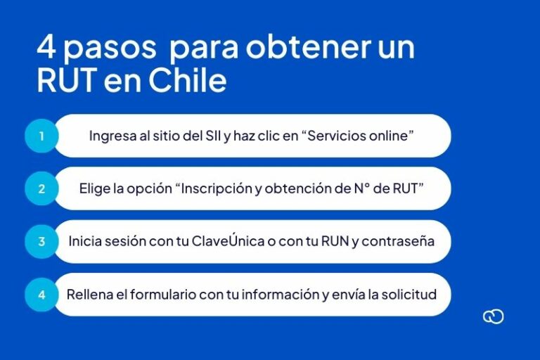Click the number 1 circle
coord(41,136)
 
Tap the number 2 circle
coord(41,188)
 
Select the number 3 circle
coord(41,241)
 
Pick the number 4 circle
coord(41,295)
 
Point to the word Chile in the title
coord(187,81)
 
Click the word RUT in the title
coord(67,81)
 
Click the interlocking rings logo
coord(494,317)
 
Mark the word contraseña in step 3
coord(400,242)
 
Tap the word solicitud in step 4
coord(409,294)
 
